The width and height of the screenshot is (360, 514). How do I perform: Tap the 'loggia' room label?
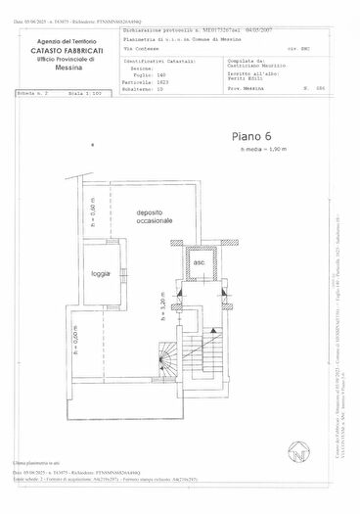pos(100,273)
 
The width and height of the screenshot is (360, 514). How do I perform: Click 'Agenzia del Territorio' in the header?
pos(67,41)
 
